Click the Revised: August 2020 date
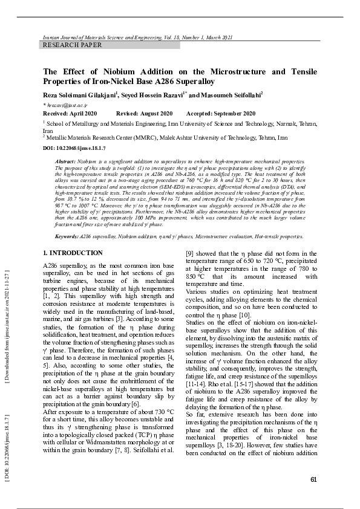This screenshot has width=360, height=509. coord(144,114)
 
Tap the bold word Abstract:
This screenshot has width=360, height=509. coord(65,163)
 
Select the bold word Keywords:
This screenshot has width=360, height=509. coord(67,236)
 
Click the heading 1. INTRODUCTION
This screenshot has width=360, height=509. coord(73,253)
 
